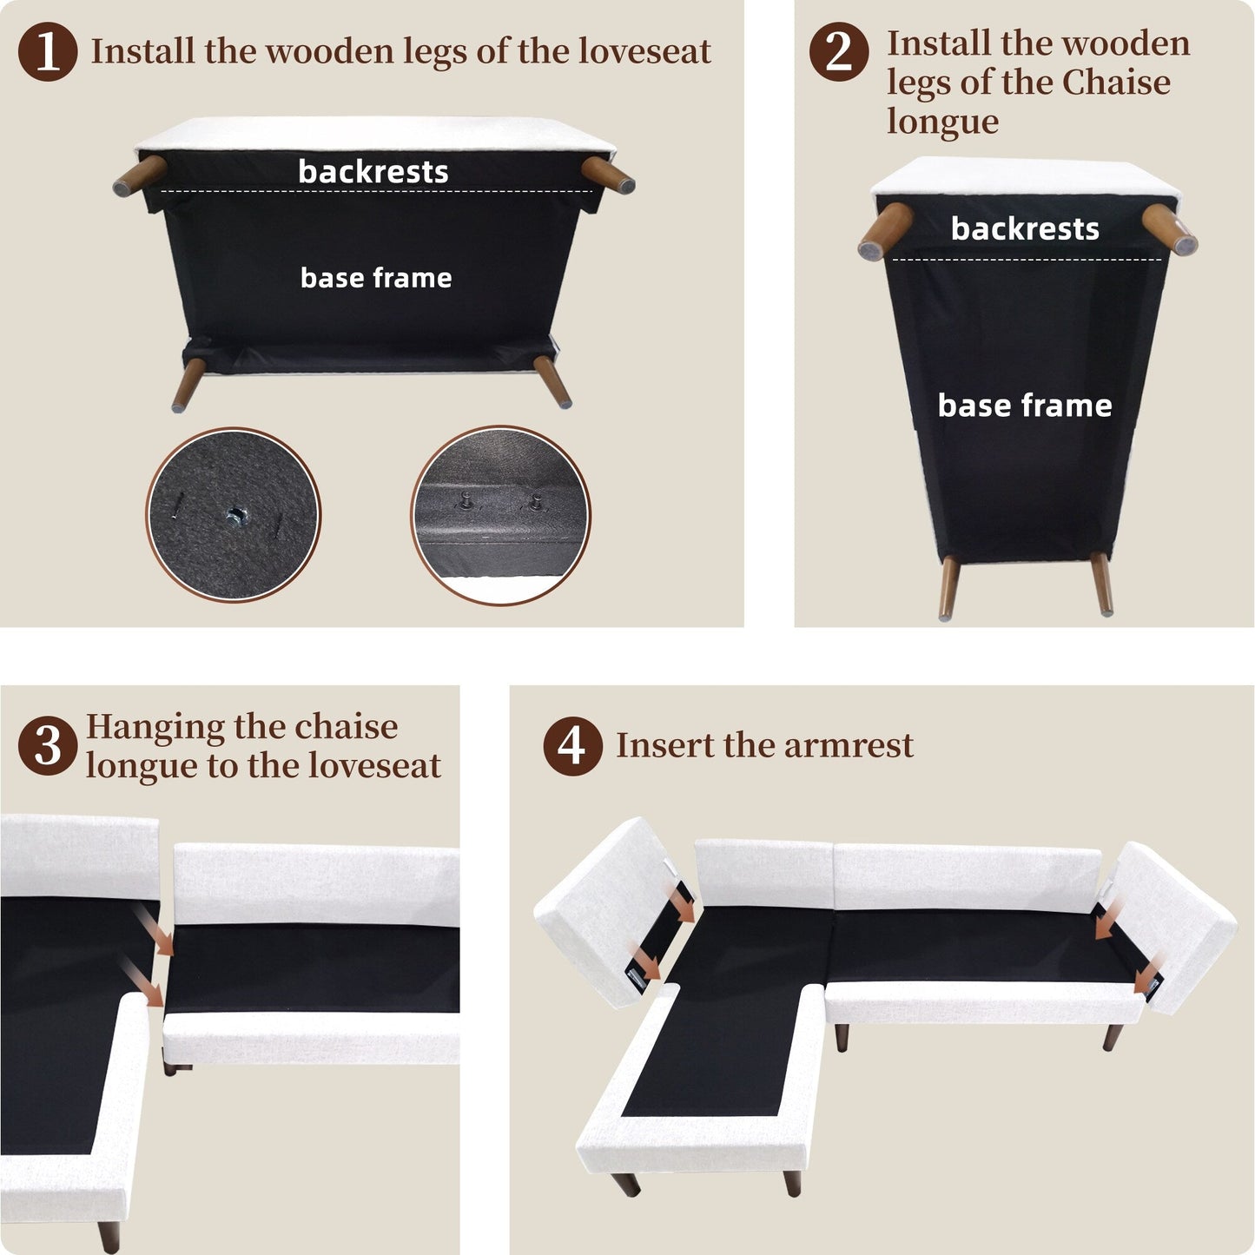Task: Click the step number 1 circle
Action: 48,51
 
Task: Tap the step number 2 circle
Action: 839,51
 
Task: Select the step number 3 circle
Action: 48,746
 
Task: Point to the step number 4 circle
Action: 572,746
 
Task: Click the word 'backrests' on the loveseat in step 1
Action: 373,172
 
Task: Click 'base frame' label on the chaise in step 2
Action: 1025,406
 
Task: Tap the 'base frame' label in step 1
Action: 376,278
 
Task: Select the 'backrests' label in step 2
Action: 1025,228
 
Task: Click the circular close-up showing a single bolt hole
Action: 233,515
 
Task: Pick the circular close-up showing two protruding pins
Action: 500,515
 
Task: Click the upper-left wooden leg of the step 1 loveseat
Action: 140,175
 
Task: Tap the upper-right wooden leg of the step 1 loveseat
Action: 608,175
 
